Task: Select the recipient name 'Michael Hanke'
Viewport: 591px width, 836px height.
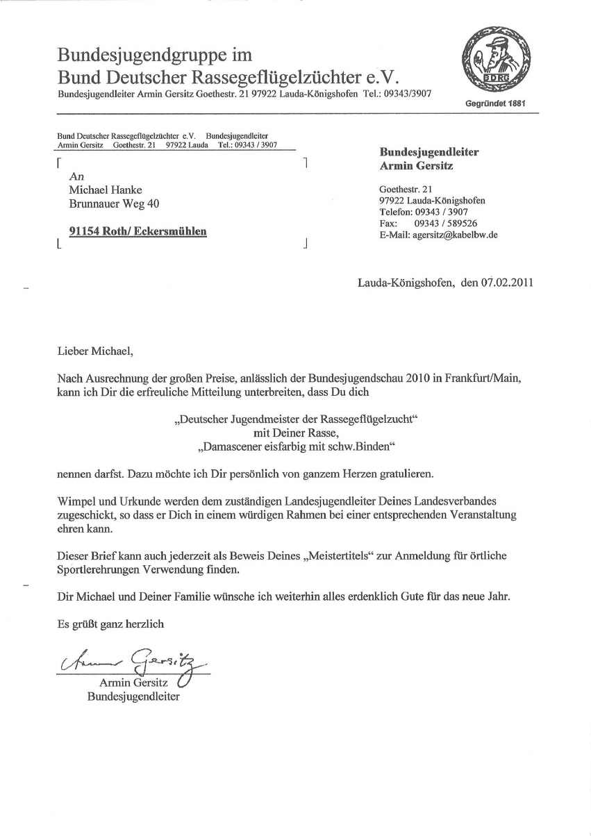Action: tap(106, 190)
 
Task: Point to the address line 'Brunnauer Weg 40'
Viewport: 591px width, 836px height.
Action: tap(117, 204)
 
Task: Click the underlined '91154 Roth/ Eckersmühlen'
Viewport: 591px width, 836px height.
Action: tap(138, 232)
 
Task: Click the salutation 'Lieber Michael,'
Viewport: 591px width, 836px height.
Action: tap(94, 351)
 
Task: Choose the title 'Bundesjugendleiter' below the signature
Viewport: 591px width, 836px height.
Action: tap(133, 696)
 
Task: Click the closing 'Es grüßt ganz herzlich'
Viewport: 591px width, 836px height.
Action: tap(111, 624)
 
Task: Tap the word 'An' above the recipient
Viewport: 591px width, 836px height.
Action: tap(76, 177)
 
